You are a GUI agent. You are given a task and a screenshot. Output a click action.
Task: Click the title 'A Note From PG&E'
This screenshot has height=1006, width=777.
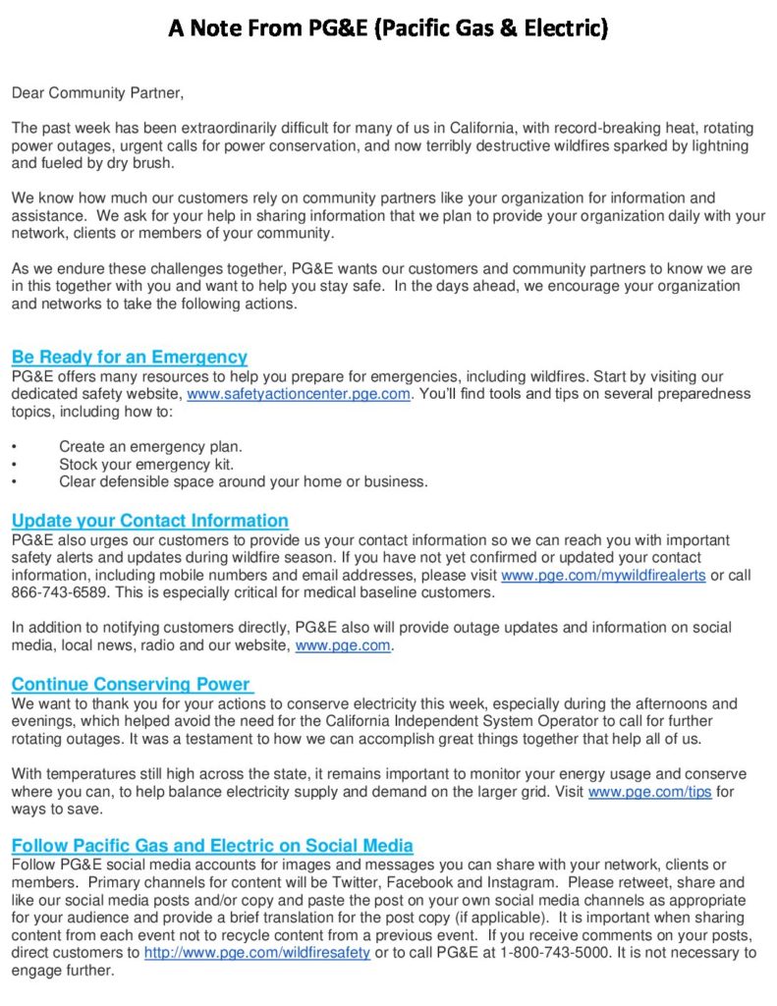(388, 28)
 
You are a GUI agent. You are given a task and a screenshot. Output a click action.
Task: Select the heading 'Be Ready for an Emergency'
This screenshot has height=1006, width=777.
(130, 358)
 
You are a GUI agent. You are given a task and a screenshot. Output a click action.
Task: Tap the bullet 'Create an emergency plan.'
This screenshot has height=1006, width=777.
(150, 446)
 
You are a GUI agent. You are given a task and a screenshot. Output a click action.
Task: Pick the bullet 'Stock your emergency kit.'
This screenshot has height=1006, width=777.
(146, 464)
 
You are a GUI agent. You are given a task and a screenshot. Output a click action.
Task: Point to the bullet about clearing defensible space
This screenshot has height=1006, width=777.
(244, 481)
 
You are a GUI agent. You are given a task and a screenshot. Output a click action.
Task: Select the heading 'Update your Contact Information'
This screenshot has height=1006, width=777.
(150, 521)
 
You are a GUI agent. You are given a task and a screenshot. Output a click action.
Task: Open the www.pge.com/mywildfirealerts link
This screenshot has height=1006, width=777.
(603, 576)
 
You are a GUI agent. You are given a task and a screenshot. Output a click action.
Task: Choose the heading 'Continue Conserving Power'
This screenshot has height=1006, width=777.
(132, 684)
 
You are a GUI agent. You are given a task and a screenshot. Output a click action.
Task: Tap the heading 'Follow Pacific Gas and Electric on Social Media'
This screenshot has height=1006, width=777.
(212, 845)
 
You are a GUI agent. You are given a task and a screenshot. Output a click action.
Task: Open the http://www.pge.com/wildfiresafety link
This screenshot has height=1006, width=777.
(257, 953)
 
